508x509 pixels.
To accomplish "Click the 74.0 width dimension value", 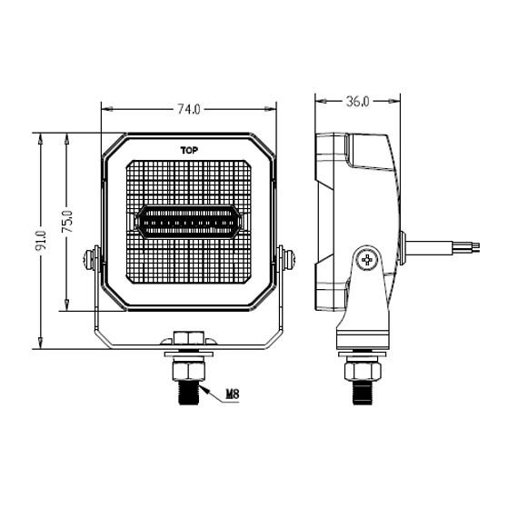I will pos(188,109).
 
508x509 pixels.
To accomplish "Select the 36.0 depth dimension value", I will pos(357,102).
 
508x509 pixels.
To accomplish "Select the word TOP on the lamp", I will pos(189,149).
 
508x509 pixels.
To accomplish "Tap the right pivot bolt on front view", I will pos(287,259).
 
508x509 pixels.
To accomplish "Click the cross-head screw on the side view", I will pos(368,261).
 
